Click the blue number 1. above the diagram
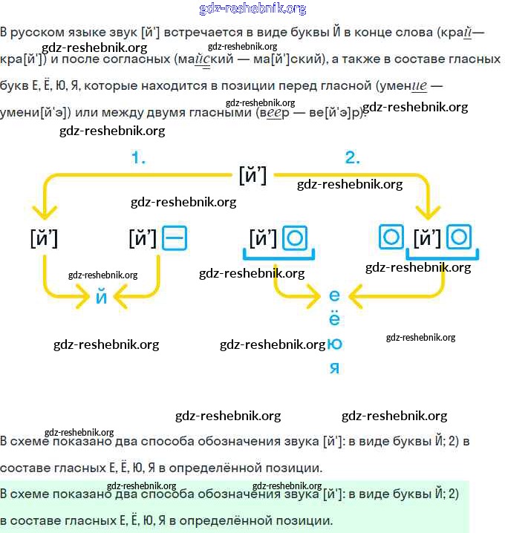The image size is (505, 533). pyautogui.click(x=138, y=157)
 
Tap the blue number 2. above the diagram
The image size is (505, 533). pyautogui.click(x=352, y=157)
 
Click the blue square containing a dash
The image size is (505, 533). pyautogui.click(x=175, y=238)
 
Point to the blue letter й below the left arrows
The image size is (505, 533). pyautogui.click(x=102, y=298)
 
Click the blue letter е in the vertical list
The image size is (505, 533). pyautogui.click(x=334, y=296)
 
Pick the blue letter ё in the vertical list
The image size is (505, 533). pyautogui.click(x=334, y=319)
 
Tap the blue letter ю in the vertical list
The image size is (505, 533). pyautogui.click(x=334, y=344)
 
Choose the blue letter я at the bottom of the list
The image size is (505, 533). pyautogui.click(x=334, y=368)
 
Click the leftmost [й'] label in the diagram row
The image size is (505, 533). pyautogui.click(x=44, y=238)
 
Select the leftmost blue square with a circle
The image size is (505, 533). pyautogui.click(x=296, y=238)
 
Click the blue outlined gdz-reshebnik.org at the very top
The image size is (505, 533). pyautogui.click(x=252, y=9)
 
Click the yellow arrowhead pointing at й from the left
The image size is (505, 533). pyautogui.click(x=87, y=299)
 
